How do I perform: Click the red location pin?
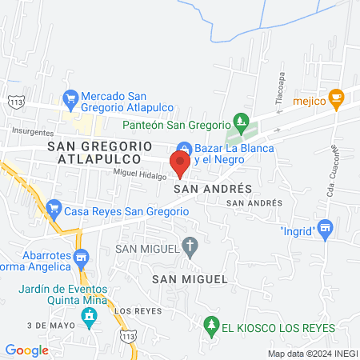tap(180, 163)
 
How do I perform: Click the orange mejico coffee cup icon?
tap(337, 100)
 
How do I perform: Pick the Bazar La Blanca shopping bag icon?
tap(183, 149)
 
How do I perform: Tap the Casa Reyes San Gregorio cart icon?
tap(54, 210)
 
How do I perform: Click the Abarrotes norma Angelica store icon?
tap(80, 258)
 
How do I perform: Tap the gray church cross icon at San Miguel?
tap(190, 247)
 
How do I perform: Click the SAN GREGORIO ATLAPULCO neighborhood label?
tap(99, 153)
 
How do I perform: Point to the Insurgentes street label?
tap(33, 133)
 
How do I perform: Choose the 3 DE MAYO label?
tap(45, 326)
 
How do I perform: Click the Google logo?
tap(26, 350)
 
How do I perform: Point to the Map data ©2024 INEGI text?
tap(311, 353)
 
